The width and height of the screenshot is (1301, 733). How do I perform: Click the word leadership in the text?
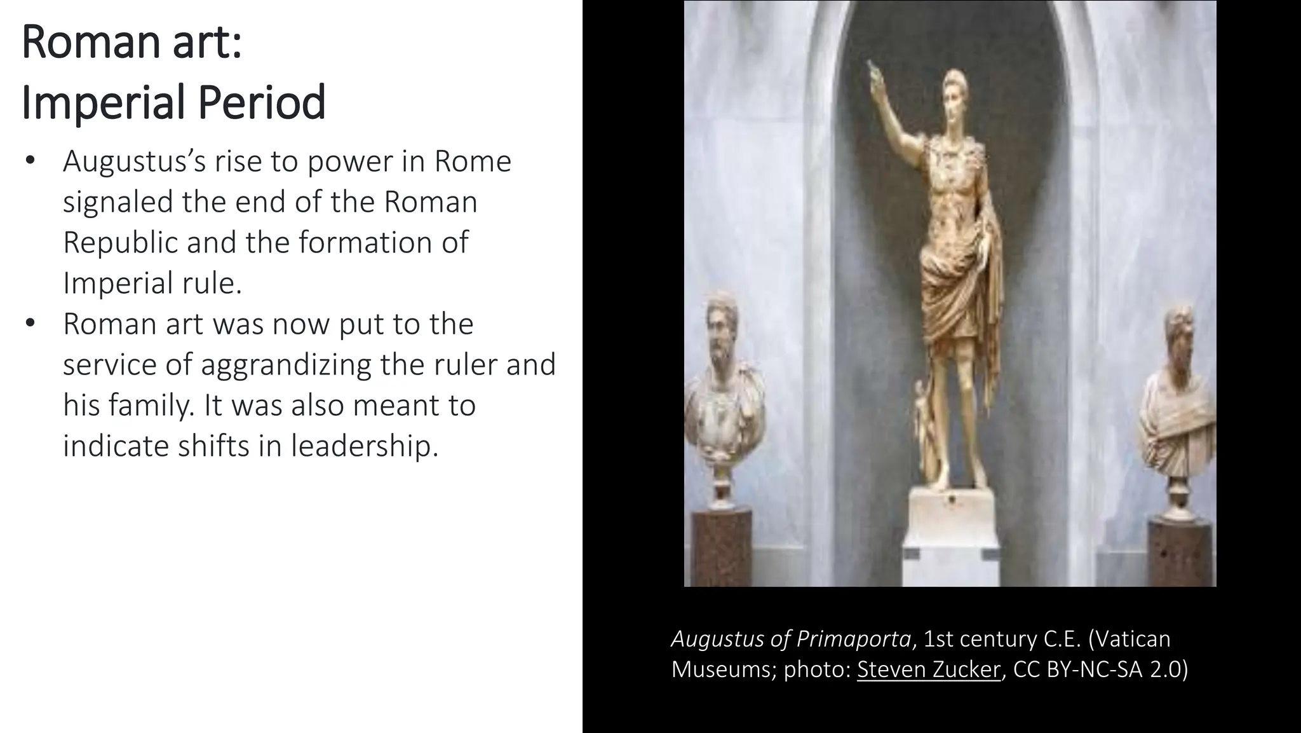(x=365, y=446)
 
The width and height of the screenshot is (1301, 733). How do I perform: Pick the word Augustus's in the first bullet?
(x=134, y=161)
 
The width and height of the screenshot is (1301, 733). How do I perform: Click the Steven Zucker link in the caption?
(x=928, y=669)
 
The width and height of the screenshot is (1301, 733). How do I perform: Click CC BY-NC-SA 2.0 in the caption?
(x=1100, y=669)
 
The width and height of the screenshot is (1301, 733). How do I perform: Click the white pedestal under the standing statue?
(x=950, y=534)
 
